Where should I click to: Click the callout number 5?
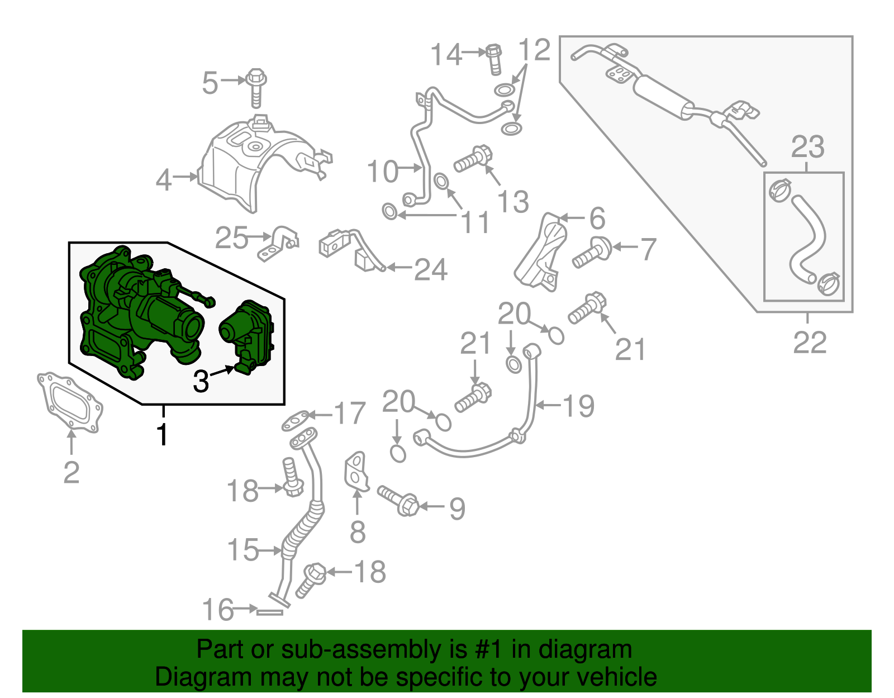point(210,83)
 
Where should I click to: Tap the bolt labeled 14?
point(494,59)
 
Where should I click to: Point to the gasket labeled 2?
point(69,402)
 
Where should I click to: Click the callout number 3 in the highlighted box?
point(201,381)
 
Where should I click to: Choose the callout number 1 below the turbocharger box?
point(163,434)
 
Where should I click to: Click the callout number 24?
point(430,270)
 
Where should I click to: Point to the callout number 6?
point(597,219)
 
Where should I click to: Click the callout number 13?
point(513,202)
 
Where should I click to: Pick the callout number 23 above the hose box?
point(808,146)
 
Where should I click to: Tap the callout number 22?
point(810,342)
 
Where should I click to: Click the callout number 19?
point(578,406)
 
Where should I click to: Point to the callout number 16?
point(218,609)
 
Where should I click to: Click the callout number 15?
point(243,550)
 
